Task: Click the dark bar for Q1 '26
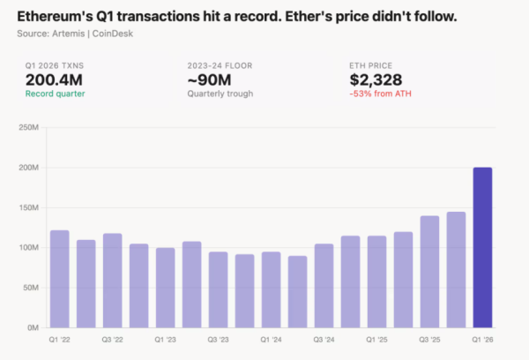[482, 247]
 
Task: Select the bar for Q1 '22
[59, 279]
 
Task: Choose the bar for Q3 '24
[324, 285]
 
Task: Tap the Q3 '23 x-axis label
[218, 339]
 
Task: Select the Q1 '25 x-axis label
[376, 339]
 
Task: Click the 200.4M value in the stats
[53, 79]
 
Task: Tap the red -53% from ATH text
[381, 94]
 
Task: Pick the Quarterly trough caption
[220, 94]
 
